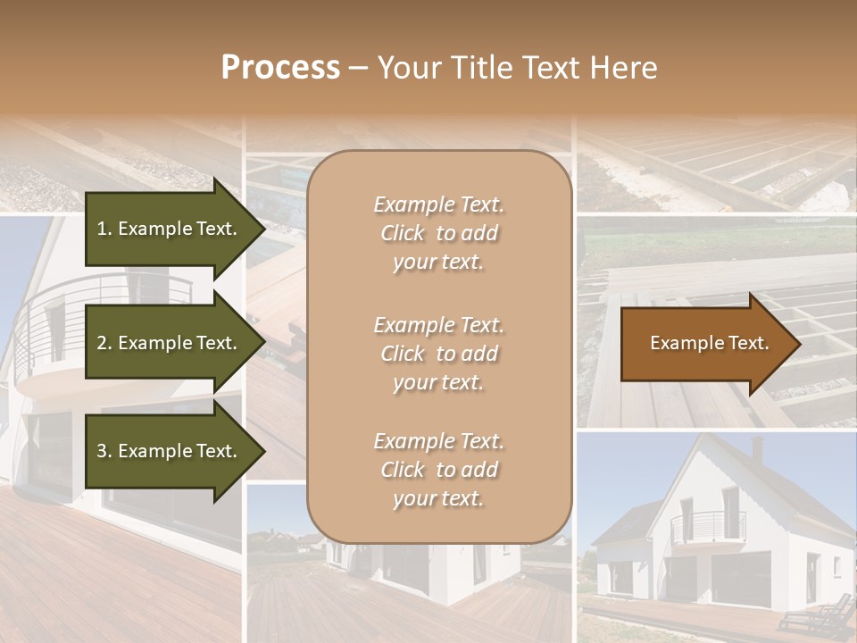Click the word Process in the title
click(x=280, y=67)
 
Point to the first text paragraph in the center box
click(x=438, y=233)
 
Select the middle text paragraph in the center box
click(x=438, y=354)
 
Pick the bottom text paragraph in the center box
click(x=438, y=470)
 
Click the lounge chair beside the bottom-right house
click(x=815, y=616)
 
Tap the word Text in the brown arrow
click(x=749, y=343)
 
